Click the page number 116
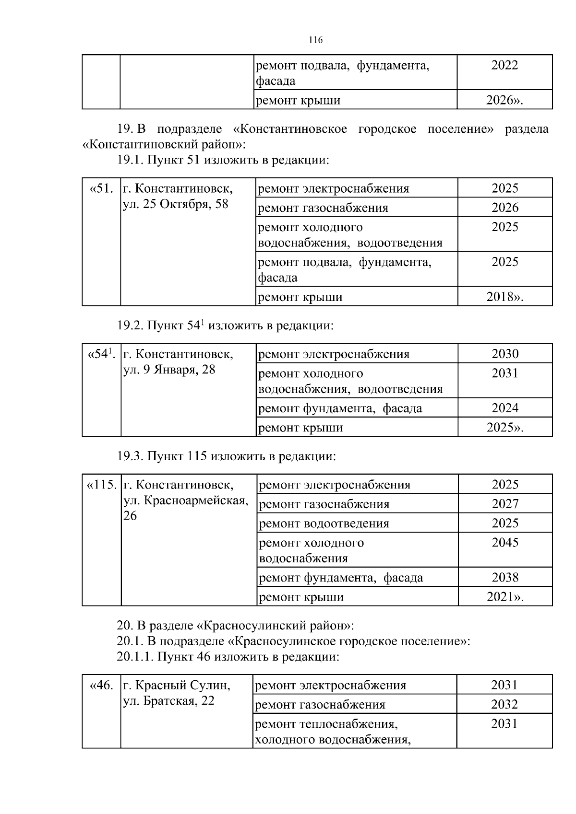point(315,40)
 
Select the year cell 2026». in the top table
point(504,100)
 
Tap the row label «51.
point(101,188)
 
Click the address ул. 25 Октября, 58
point(176,204)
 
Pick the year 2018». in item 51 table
point(504,297)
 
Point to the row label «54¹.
point(101,354)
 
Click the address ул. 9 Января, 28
point(169,370)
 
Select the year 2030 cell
point(505,354)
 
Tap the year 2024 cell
point(505,408)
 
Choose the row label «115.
point(101,485)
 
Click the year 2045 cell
point(505,542)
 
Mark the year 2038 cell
point(505,577)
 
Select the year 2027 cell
point(505,504)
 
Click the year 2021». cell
point(505,597)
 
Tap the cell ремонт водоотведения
point(324,523)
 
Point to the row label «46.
point(101,686)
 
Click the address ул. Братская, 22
point(169,701)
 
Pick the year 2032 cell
point(504,704)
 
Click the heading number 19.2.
point(130,326)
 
